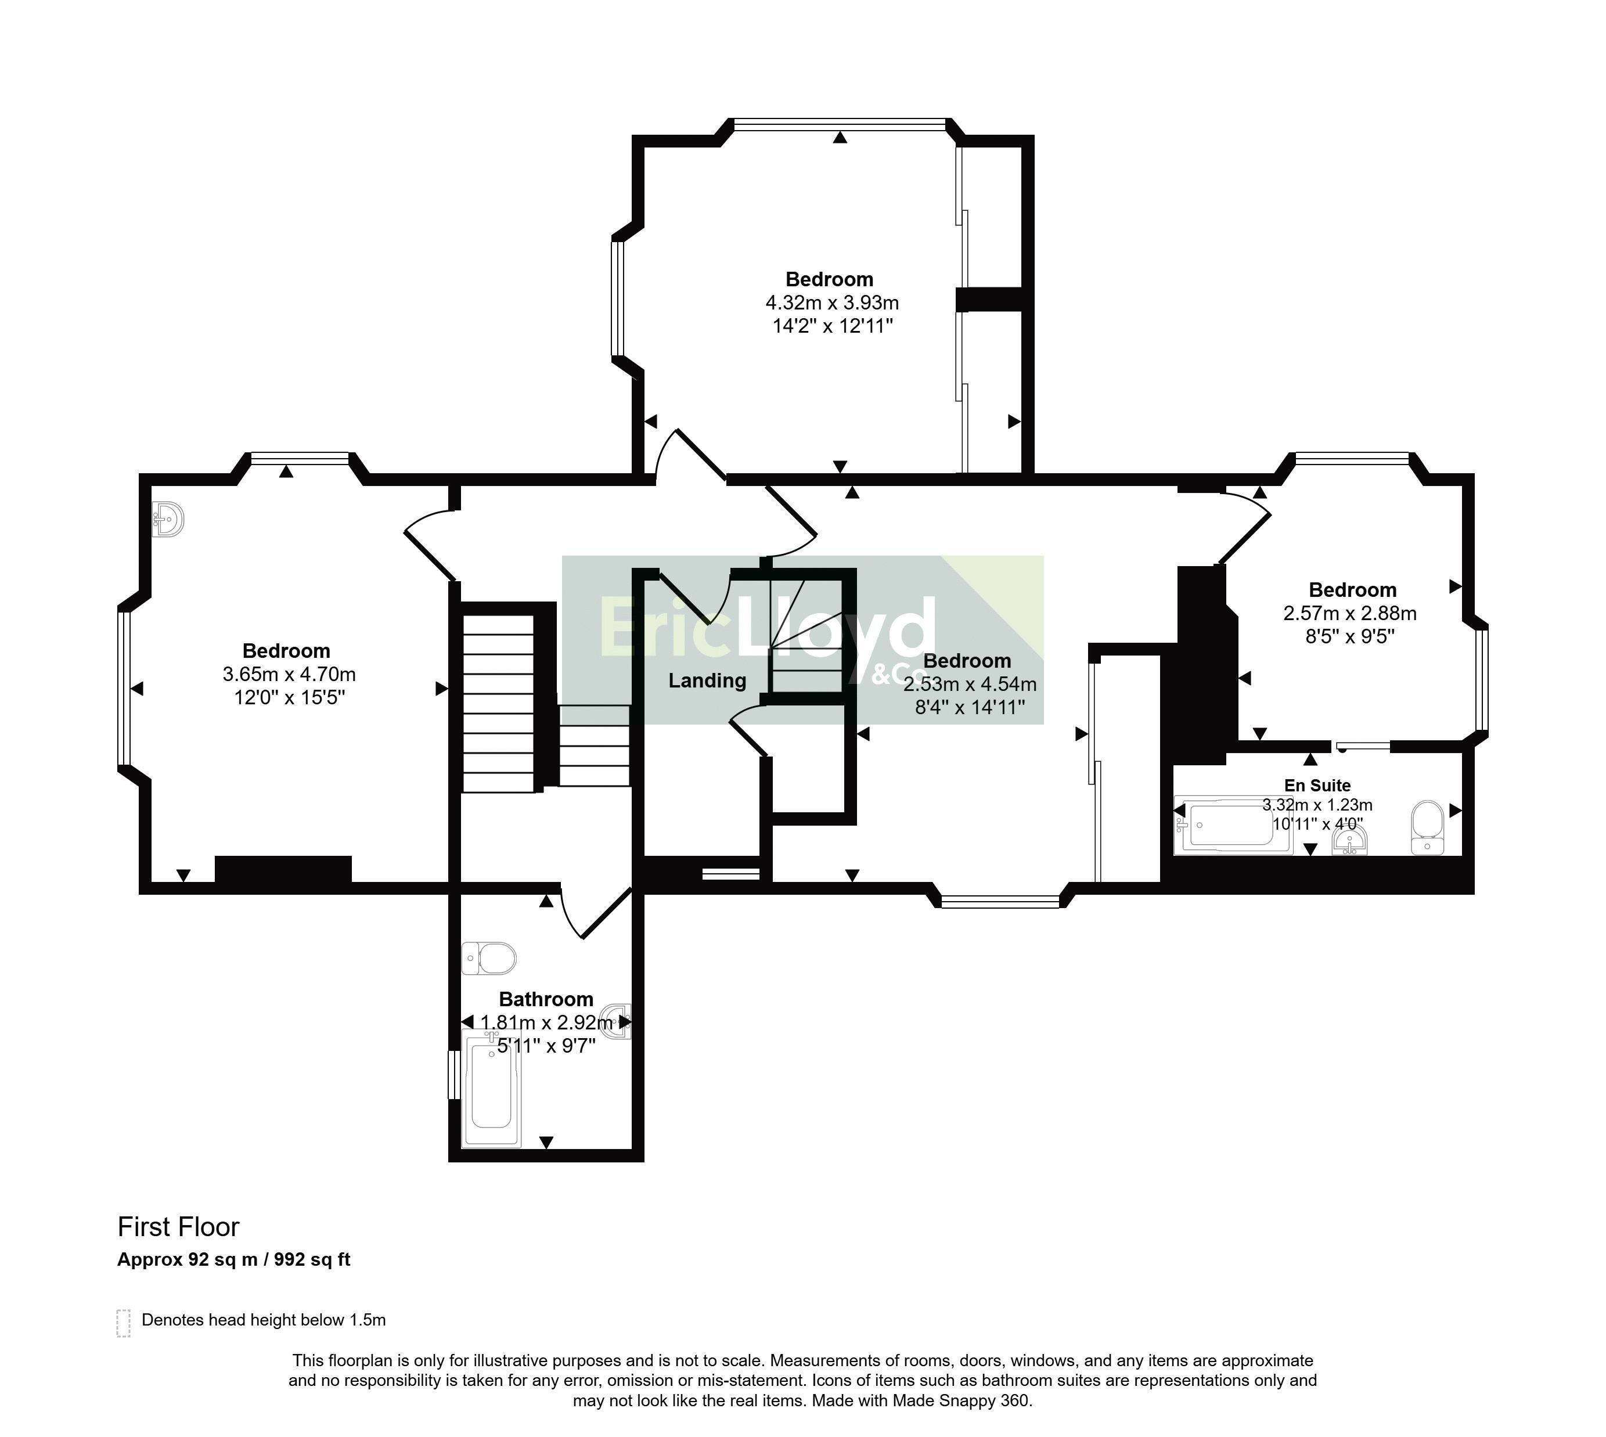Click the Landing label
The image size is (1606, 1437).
point(707,680)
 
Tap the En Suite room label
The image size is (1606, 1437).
point(1317,785)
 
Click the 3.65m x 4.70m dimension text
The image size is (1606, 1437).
point(289,674)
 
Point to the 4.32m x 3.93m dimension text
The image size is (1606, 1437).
point(831,302)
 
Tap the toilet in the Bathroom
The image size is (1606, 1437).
point(489,959)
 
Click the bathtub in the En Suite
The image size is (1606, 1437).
point(1233,825)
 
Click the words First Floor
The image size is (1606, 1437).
point(178,1227)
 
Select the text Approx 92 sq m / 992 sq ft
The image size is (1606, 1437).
point(234,1259)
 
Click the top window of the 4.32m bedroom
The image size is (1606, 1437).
point(840,123)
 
